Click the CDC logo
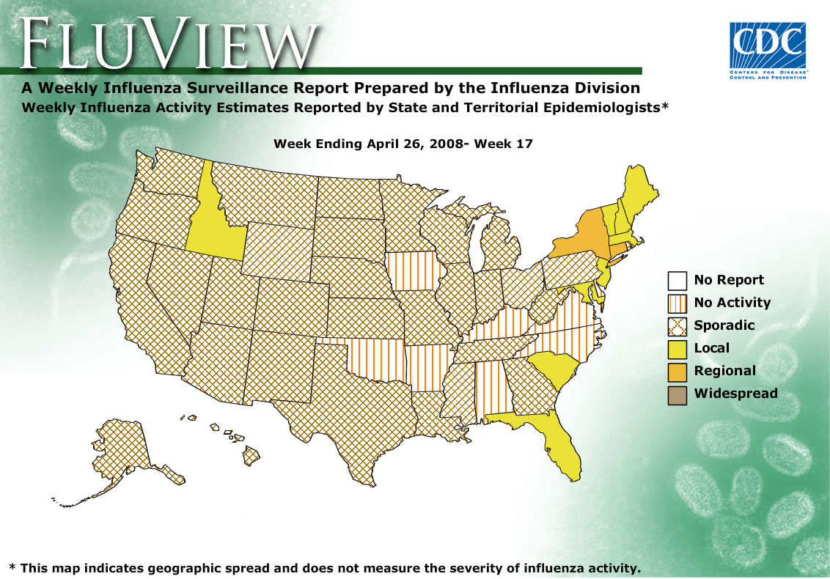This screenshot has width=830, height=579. (x=768, y=51)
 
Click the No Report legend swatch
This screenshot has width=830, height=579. (x=677, y=280)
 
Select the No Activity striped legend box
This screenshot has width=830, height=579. (x=677, y=303)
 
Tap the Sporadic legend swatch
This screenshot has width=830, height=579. (x=677, y=325)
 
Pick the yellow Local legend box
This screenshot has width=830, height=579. (x=677, y=348)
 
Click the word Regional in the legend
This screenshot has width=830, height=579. (x=724, y=371)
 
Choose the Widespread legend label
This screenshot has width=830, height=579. (x=735, y=394)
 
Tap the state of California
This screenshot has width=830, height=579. (x=143, y=315)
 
